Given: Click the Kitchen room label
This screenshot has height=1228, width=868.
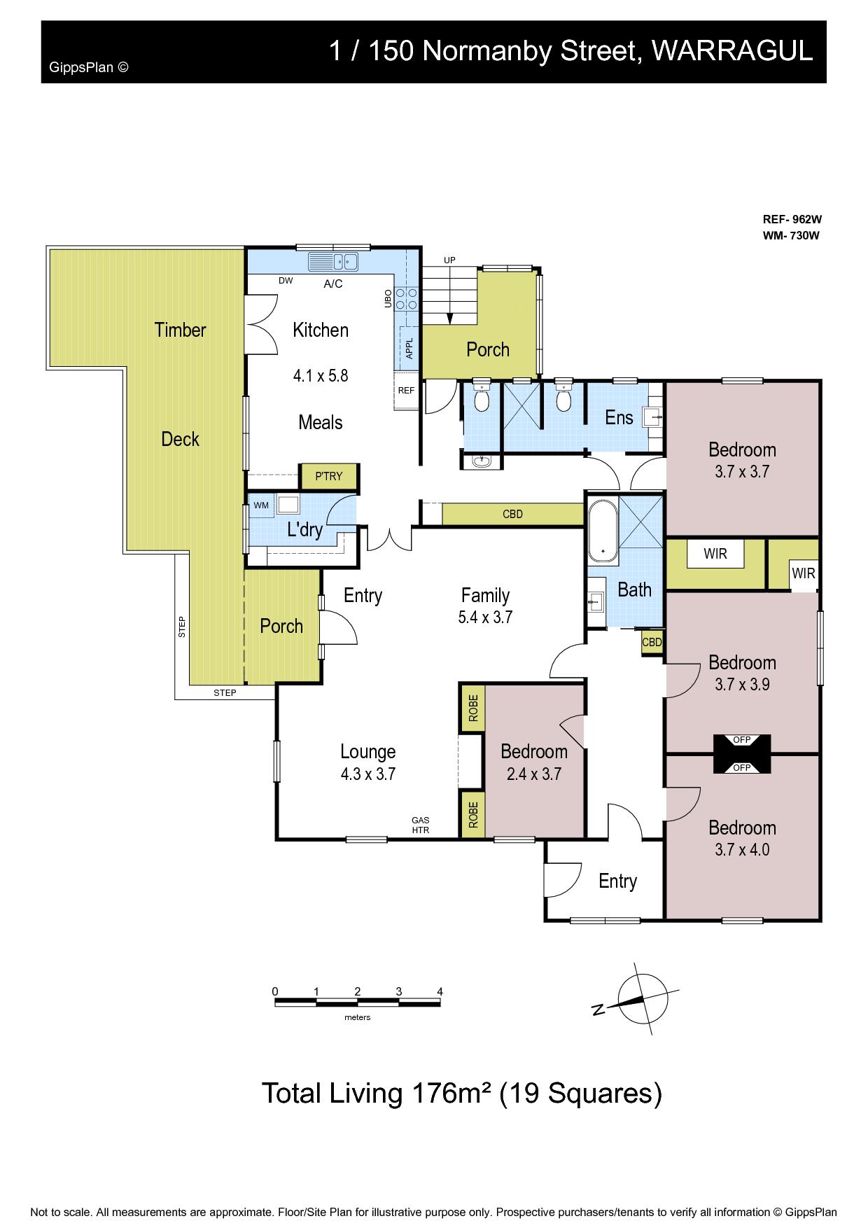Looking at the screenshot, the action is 321,330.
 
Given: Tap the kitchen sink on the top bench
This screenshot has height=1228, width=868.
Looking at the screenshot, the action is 333,262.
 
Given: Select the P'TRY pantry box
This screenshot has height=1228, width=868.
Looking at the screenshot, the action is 329,476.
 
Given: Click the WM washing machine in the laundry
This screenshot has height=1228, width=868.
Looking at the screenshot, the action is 261,505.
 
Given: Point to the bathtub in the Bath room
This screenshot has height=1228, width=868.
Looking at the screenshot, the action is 602,529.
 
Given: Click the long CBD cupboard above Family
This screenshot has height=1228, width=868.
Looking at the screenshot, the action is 513,514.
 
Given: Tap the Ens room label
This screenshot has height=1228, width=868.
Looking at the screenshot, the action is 619,418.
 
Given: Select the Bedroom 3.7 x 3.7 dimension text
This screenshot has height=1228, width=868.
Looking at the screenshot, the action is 742,472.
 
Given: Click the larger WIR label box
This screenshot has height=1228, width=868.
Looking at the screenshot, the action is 715,554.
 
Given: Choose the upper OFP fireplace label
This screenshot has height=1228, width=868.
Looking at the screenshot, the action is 742,740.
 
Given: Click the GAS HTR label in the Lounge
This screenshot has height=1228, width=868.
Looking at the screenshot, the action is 421,825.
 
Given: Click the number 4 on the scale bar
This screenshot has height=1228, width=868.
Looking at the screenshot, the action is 440,991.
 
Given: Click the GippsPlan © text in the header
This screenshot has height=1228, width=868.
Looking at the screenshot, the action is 89,68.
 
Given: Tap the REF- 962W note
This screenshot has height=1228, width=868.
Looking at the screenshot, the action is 791,218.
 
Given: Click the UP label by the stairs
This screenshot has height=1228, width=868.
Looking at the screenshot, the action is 449,260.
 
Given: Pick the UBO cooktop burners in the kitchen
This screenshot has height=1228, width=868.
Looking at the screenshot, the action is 407,299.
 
